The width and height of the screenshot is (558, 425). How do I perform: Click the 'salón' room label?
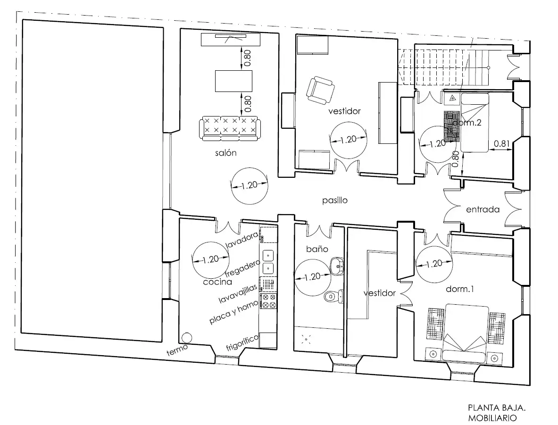[x=225, y=153]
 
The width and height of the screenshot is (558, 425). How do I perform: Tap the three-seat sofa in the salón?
[x=230, y=128]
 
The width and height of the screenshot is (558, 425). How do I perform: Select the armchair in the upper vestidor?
[x=320, y=91]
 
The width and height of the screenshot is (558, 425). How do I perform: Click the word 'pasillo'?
[x=335, y=200]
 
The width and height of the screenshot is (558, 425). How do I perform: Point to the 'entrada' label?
[x=483, y=209]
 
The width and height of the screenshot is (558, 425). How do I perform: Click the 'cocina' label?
[x=217, y=282]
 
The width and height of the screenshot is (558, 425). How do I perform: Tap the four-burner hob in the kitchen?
[x=268, y=301]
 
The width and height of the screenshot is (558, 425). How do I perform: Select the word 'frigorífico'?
[x=242, y=343]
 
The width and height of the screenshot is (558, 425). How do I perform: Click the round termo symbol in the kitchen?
[x=186, y=338]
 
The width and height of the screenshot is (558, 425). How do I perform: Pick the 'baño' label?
[x=317, y=249]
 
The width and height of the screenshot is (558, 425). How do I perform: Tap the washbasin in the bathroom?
[x=337, y=265]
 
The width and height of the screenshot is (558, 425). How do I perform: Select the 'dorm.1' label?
[x=460, y=289]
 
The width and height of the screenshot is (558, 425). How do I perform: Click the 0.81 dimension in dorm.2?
[x=501, y=143]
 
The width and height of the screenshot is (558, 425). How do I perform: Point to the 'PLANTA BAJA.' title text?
[x=496, y=408]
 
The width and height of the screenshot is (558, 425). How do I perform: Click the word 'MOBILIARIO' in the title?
[x=492, y=418]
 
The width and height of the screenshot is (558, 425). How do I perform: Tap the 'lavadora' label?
[x=242, y=240]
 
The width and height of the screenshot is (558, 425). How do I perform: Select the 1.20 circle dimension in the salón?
[x=249, y=186]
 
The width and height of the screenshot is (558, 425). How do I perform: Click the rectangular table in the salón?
[x=233, y=81]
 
